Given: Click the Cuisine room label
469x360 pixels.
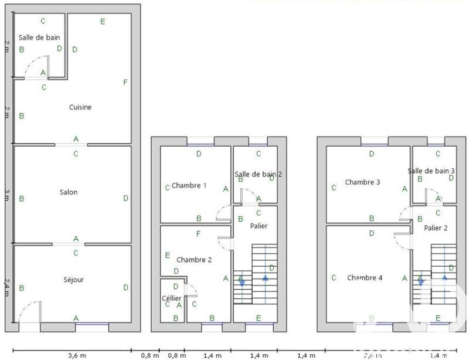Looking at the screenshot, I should [x=80, y=107].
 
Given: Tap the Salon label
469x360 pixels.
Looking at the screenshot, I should [x=69, y=192].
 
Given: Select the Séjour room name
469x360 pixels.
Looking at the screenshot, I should [x=73, y=280].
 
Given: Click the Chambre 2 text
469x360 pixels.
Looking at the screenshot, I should [x=193, y=260].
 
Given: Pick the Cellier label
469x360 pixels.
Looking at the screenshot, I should [x=172, y=298].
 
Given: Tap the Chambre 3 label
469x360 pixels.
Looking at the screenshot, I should [x=363, y=182].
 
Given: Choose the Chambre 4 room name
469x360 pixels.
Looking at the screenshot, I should [x=364, y=278].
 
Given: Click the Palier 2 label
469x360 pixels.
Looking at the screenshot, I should [x=436, y=229].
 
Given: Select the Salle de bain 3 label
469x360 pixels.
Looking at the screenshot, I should [x=431, y=171].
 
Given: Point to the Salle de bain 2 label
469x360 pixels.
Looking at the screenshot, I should [x=259, y=174].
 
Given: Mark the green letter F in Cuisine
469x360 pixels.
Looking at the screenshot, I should [x=125, y=83].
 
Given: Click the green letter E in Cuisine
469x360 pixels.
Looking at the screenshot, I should [x=103, y=22].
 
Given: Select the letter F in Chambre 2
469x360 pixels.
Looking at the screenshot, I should [x=199, y=235].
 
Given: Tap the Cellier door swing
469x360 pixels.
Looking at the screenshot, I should [x=192, y=290].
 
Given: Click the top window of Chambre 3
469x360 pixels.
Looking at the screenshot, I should [x=374, y=141].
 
